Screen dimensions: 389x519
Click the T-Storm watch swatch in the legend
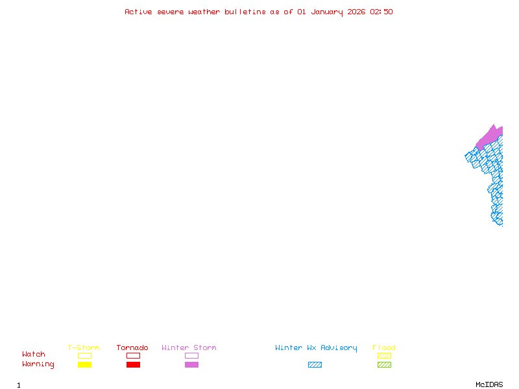(x=84, y=355)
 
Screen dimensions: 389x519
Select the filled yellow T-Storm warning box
(x=84, y=364)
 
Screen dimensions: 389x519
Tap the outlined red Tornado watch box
(x=133, y=355)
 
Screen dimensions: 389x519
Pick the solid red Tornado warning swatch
(x=133, y=364)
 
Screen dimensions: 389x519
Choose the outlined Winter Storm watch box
(x=191, y=355)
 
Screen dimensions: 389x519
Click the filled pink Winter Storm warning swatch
(x=191, y=364)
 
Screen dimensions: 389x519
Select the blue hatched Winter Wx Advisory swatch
(x=315, y=364)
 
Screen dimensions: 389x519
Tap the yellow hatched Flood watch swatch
(x=384, y=355)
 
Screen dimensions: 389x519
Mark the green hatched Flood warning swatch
(x=384, y=364)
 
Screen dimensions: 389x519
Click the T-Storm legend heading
(x=84, y=348)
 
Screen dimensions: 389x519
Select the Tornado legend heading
(x=132, y=348)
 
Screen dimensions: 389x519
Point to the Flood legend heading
(x=384, y=348)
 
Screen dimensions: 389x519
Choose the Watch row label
(x=34, y=355)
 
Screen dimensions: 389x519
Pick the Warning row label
(x=38, y=364)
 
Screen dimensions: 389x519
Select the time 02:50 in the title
(x=381, y=12)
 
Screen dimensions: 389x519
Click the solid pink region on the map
(x=490, y=136)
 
